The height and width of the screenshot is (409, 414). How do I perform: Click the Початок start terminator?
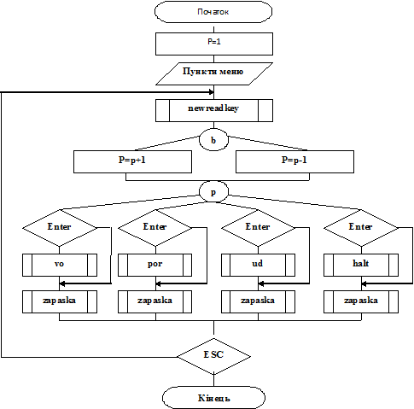[213, 12]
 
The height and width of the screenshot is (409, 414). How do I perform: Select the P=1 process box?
[214, 44]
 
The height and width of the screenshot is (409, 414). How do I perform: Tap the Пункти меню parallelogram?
[214, 73]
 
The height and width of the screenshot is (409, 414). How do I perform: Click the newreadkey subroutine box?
[214, 110]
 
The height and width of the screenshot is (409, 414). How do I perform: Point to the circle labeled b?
[213, 140]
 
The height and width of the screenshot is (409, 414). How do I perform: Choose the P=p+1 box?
[132, 161]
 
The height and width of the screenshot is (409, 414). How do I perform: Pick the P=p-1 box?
[294, 161]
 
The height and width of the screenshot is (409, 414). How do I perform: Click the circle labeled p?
[213, 192]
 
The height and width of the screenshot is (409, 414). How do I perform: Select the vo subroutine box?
[60, 265]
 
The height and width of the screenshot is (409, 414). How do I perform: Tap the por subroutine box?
[155, 265]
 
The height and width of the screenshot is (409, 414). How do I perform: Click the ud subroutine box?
[258, 265]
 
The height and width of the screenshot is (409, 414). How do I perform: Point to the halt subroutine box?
[361, 265]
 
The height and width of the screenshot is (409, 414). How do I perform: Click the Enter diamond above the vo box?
[60, 228]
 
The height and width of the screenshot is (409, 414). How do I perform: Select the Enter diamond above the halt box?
[361, 228]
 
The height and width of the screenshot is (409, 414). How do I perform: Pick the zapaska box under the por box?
[155, 301]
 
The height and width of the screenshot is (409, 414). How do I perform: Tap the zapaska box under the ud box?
[258, 301]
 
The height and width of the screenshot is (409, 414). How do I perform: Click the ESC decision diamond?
[213, 356]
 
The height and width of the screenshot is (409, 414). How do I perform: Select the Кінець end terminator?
[213, 398]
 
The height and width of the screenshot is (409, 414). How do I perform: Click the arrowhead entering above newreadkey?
[211, 92]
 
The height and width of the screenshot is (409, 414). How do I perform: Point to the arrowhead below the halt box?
[364, 283]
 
